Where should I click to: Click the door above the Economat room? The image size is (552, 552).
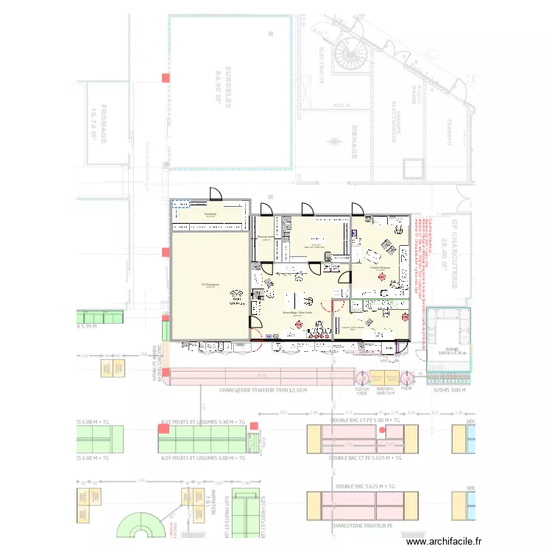(x=216, y=194)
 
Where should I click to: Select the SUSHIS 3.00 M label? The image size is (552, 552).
(x=447, y=390)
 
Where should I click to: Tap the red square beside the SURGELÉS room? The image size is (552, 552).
(x=166, y=78)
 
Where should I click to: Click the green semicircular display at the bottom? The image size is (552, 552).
(x=140, y=524)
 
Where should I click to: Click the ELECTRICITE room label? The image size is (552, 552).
(x=322, y=66)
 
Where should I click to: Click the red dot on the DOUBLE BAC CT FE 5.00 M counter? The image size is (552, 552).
(x=382, y=430)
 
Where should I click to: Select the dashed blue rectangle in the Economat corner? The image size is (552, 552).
(x=180, y=205)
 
